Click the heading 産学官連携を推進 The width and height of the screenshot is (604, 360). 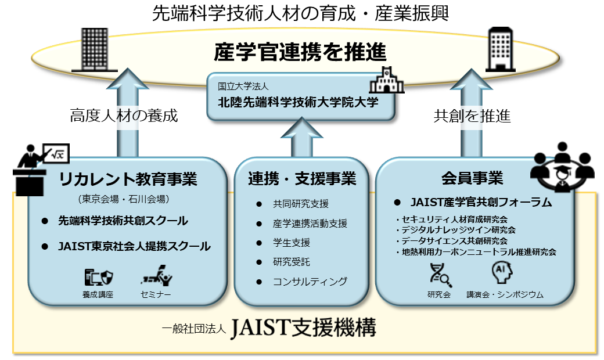(x=300, y=52)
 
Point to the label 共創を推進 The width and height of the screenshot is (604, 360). (x=472, y=116)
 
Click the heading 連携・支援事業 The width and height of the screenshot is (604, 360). (x=301, y=178)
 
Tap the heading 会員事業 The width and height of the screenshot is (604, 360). (x=472, y=178)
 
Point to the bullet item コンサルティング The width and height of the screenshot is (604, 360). (x=310, y=282)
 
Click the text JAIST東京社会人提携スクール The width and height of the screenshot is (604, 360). (x=134, y=246)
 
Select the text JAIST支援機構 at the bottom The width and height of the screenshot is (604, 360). (x=303, y=329)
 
